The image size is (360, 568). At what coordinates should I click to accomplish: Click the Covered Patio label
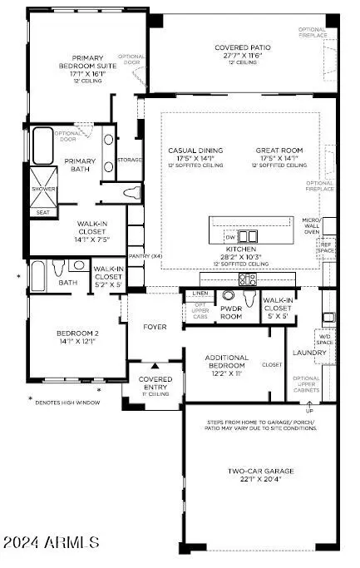tap(239, 47)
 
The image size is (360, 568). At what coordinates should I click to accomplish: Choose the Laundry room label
tap(303, 352)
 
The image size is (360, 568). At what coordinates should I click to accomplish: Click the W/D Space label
tap(323, 339)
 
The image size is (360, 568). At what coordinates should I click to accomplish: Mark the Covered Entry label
tap(155, 383)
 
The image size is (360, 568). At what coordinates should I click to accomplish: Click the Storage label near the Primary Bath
tap(129, 160)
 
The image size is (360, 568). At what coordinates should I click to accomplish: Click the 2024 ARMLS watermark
tap(52, 542)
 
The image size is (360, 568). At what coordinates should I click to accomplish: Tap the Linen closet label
tap(200, 294)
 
